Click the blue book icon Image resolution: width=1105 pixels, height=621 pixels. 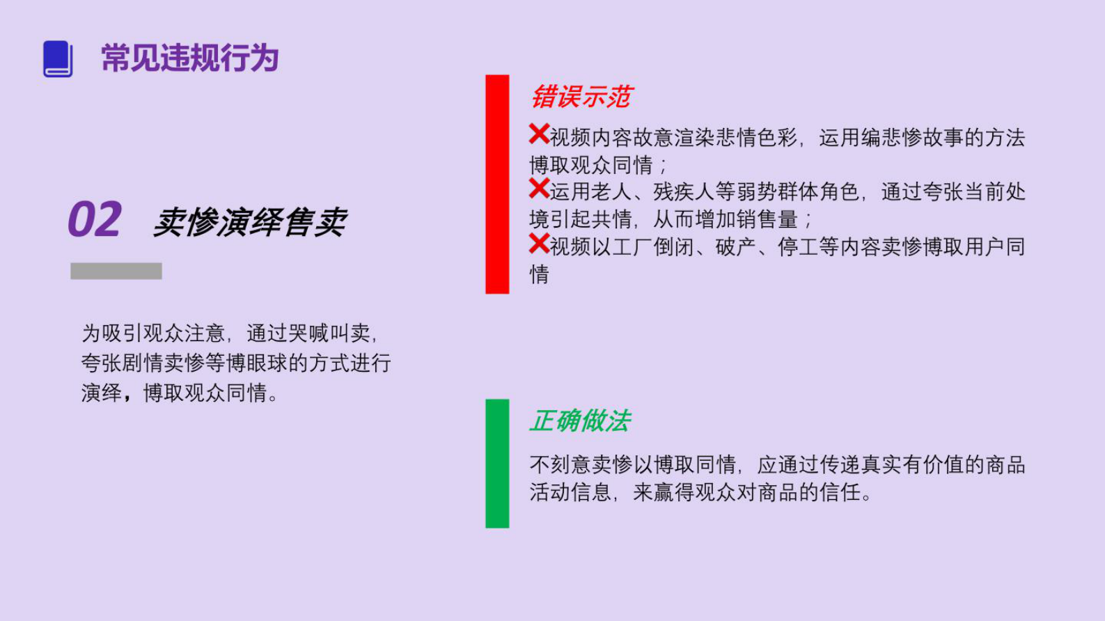pos(58,58)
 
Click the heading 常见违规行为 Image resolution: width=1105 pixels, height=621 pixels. pos(190,58)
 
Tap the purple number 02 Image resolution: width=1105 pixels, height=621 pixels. pos(95,220)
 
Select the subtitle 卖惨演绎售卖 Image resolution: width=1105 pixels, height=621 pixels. pos(249,222)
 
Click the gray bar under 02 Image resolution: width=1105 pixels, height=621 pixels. pos(116,271)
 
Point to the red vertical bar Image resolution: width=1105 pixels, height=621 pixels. pos(497,184)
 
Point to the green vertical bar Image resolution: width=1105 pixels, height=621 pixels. pos(497,463)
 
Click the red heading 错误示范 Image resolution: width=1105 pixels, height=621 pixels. pos(581,97)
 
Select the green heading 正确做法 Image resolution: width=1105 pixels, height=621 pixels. pos(580,420)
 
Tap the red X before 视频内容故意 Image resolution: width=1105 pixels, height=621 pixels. pos(539,134)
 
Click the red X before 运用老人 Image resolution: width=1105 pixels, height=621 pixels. pos(539,188)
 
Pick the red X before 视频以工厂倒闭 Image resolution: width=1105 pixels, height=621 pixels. pos(539,243)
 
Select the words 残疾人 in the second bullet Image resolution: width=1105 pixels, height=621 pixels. pos(684,192)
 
